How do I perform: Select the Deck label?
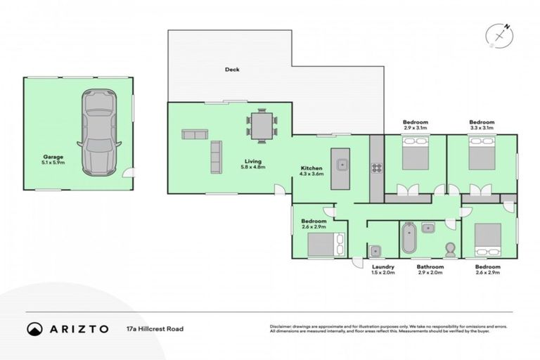[232, 70]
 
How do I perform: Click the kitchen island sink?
[341, 166]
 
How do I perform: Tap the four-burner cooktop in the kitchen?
[376, 167]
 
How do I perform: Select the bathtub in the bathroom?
[409, 238]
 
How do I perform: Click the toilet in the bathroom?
[450, 250]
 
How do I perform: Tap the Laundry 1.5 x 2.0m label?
[383, 270]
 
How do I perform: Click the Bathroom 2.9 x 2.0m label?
[430, 270]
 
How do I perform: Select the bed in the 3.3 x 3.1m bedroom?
[482, 154]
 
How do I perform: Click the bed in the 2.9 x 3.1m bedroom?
[415, 154]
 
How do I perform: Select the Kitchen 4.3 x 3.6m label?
[311, 172]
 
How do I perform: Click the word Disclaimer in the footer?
[281, 326]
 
